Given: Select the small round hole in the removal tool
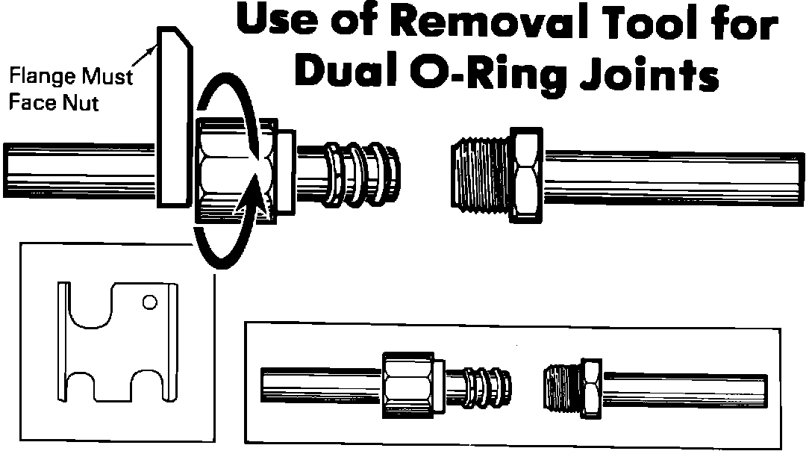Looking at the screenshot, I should (x=149, y=302).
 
